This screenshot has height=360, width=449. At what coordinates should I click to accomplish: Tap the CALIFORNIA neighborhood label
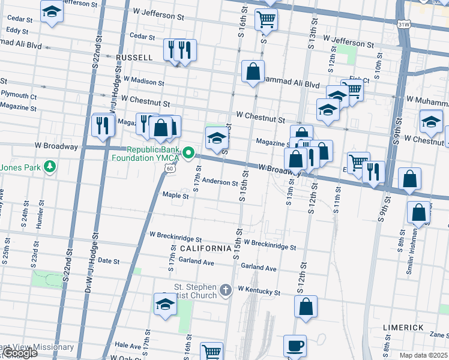coord(206,248)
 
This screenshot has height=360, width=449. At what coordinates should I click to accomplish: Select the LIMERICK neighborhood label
coord(403,328)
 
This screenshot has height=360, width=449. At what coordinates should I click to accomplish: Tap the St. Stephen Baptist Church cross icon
coord(226,290)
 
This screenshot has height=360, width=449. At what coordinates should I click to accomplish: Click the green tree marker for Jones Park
coord(51,167)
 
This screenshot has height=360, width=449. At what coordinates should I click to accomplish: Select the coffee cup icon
coord(295,346)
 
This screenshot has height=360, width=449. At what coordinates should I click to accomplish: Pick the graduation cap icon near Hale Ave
coord(165,304)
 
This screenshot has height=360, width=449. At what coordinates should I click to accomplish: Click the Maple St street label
coord(175,195)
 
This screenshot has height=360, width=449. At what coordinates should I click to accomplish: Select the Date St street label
coord(109,260)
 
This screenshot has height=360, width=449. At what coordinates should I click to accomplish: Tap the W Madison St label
coord(143,81)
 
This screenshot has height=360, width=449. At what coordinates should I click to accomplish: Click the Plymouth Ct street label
coord(19,95)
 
